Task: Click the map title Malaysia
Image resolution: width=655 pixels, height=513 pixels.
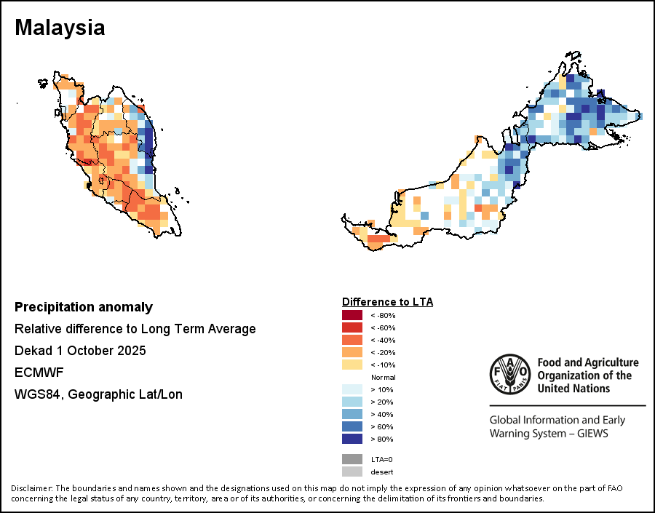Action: click(60, 28)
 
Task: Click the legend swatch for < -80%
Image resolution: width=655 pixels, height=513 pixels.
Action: click(352, 315)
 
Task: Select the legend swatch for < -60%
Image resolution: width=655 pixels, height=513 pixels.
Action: click(352, 327)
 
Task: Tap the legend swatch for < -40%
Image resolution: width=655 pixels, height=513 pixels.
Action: click(352, 340)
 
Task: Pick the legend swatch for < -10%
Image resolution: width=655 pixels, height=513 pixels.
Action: click(352, 365)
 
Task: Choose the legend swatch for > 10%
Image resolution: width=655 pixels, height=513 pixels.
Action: click(352, 389)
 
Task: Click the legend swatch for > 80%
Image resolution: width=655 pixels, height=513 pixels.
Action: click(352, 439)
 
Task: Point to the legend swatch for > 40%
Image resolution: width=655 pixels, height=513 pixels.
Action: click(352, 414)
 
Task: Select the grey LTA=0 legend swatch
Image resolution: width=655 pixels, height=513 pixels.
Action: click(352, 459)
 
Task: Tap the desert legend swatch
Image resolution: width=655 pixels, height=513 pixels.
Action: click(352, 472)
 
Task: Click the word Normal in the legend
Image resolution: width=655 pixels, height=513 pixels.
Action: click(383, 377)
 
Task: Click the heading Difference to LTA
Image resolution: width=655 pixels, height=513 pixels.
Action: click(388, 301)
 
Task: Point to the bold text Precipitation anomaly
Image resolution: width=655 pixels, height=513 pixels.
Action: click(84, 307)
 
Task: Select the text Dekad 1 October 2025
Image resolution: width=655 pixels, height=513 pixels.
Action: click(80, 351)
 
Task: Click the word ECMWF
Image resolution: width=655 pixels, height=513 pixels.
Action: click(39, 373)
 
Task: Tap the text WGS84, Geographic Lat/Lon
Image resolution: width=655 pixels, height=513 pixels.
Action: click(98, 394)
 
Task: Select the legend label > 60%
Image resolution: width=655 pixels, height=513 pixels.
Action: click(383, 426)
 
